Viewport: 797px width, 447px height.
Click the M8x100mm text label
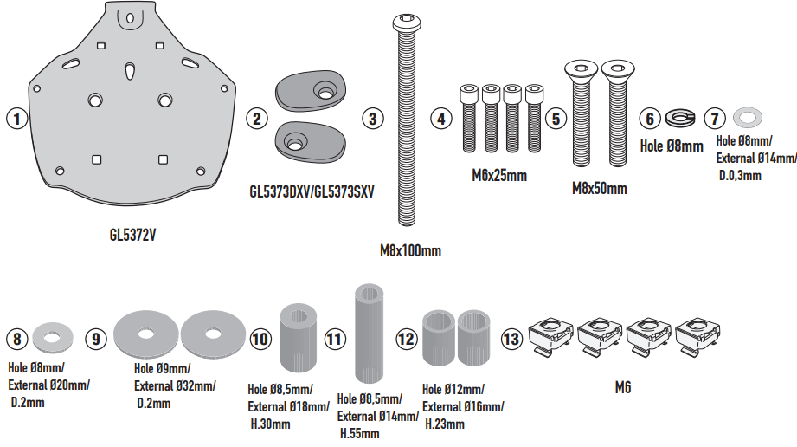coord(410,252)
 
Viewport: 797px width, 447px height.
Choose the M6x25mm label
coord(499,176)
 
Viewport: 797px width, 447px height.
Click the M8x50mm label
coord(599,188)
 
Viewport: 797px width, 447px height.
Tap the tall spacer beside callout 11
coord(370,333)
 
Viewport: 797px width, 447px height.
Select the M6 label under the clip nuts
coord(623,389)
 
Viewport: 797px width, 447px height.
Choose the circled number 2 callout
coord(255,119)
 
